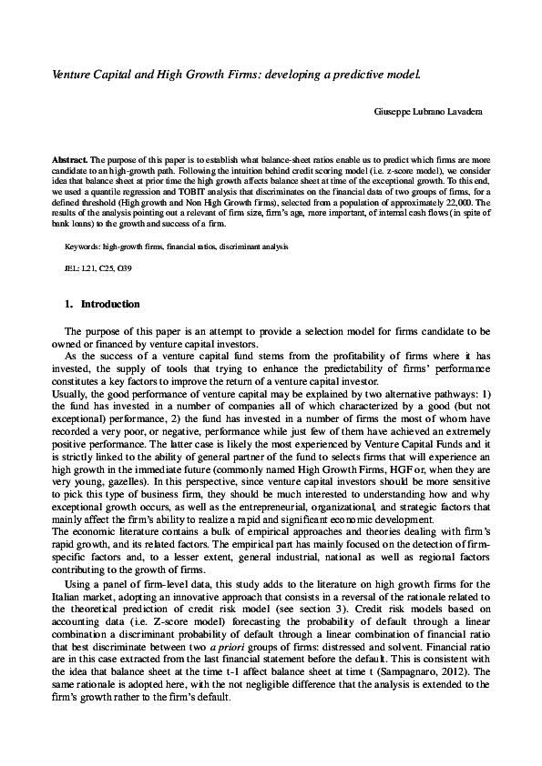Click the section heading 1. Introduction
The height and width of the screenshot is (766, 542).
pos(102,303)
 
